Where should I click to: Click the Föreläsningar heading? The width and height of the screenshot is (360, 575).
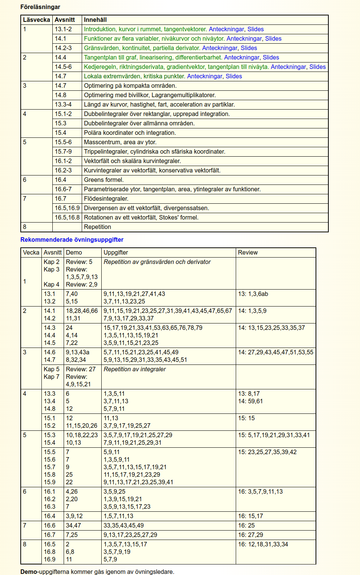click(x=40, y=7)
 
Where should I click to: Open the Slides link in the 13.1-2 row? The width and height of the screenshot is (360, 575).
click(x=255, y=29)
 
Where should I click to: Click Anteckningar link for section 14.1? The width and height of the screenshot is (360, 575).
click(x=244, y=38)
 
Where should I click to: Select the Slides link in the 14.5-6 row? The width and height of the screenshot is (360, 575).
click(x=317, y=67)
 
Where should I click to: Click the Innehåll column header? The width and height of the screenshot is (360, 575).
click(x=95, y=20)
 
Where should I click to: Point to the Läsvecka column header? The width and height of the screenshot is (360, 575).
click(x=37, y=20)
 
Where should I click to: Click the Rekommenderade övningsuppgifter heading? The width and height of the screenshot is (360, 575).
click(x=72, y=239)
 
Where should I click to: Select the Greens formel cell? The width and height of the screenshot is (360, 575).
click(x=104, y=180)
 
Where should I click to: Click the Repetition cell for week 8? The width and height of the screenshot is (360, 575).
click(x=98, y=227)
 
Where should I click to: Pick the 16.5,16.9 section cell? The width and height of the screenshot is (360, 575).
click(x=67, y=208)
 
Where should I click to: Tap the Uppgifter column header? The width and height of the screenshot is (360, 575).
click(x=116, y=252)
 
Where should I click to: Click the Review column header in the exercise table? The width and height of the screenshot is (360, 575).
click(x=248, y=252)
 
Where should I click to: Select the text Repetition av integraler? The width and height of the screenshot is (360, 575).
click(x=134, y=369)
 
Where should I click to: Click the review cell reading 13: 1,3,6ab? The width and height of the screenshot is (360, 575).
click(x=253, y=294)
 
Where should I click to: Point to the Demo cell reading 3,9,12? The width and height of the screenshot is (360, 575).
click(x=74, y=516)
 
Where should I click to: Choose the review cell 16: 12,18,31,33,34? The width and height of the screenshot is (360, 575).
click(x=263, y=544)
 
